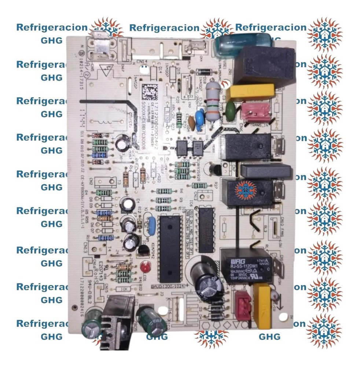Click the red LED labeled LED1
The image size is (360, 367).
(146, 266)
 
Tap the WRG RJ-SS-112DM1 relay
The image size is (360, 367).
(246, 265)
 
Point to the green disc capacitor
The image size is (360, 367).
(230, 108)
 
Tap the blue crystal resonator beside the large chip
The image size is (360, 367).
(150, 223)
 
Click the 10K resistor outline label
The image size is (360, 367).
(125, 289)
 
